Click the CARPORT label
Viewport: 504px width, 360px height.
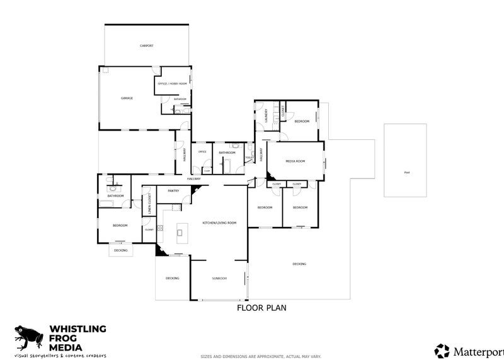pos(146,46)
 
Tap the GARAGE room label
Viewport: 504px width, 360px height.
pos(127,98)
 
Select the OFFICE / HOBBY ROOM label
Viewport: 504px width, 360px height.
pos(172,84)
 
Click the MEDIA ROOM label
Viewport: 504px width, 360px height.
pos(295,161)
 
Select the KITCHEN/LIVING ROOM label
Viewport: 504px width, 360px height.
pos(219,223)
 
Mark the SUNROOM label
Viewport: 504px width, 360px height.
pos(219,278)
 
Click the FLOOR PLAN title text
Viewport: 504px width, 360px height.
pos(261,308)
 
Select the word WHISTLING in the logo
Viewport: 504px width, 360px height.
pos(78,329)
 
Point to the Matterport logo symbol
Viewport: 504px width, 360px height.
pos(443,351)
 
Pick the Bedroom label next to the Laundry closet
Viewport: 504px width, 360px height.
pos(302,121)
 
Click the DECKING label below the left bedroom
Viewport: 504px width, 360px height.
pos(120,250)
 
